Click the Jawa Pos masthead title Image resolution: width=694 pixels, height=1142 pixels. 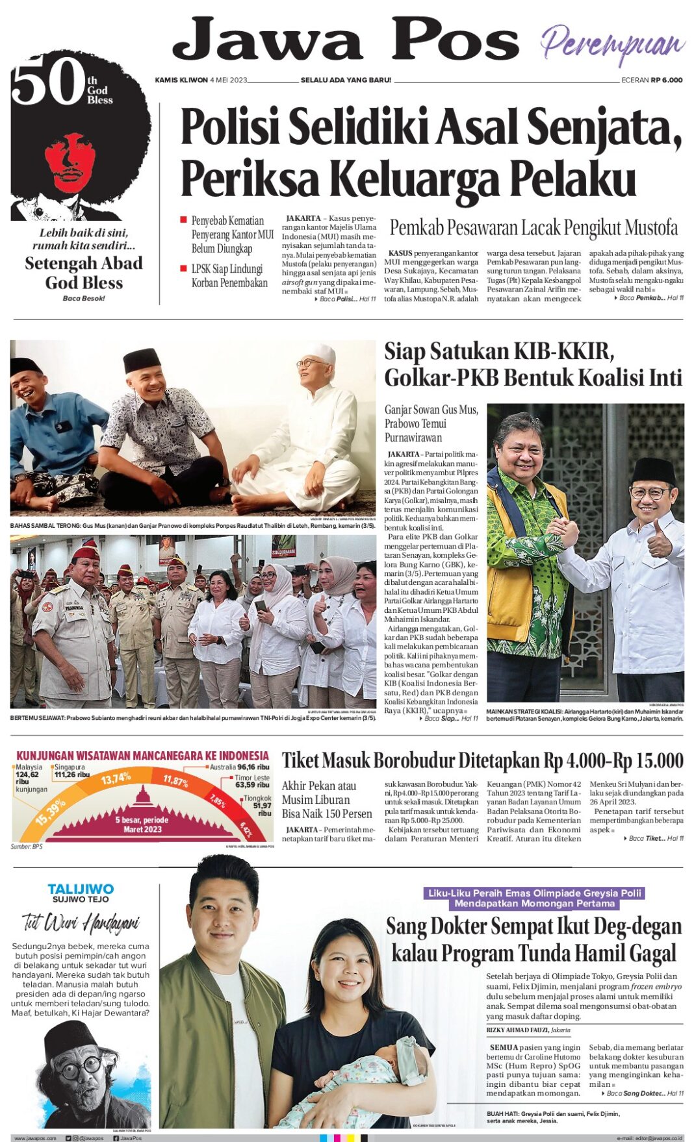point(345,40)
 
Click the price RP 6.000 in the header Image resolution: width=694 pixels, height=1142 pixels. point(667,80)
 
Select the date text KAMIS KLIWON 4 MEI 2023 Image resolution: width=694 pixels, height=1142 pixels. point(201,80)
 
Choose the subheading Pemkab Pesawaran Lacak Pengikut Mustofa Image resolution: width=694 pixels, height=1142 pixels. point(533,228)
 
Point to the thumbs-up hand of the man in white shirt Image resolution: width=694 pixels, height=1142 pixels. point(658,541)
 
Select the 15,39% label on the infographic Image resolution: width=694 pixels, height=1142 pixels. point(50,812)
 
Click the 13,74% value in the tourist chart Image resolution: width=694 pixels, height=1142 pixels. point(116,778)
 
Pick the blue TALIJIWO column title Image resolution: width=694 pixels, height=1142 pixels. point(81,889)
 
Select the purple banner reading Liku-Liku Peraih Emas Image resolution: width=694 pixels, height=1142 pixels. point(533,898)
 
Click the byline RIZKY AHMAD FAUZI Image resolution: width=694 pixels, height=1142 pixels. point(517,1030)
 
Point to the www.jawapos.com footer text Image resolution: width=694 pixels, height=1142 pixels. point(35,1138)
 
